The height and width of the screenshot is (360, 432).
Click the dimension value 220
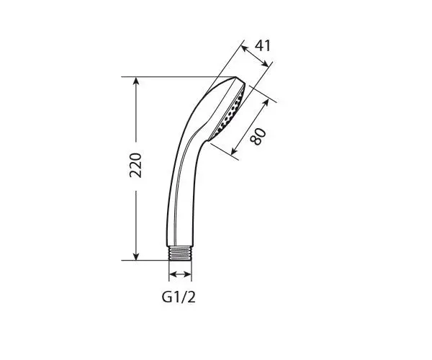[x=135, y=165]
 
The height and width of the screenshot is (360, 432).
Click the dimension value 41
[x=263, y=45]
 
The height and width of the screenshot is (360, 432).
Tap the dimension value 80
[x=258, y=136]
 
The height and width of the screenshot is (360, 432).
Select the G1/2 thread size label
[x=179, y=297]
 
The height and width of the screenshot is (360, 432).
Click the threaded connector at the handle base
[x=180, y=253]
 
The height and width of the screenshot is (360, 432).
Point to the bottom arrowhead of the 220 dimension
[x=135, y=256]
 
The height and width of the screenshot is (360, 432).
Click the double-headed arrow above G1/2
[x=180, y=274]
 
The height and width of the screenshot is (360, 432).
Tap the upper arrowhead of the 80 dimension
[x=266, y=102]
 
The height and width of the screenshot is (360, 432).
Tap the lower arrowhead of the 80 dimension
[x=234, y=150]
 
